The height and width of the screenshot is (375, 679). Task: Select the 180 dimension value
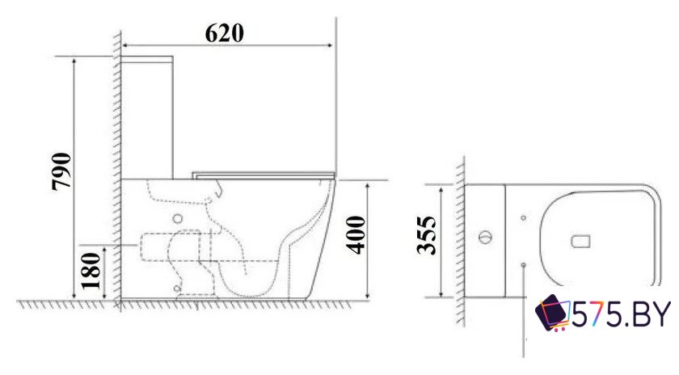click(91, 270)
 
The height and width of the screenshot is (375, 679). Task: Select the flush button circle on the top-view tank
click(486, 238)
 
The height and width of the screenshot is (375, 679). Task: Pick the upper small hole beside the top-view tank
click(524, 217)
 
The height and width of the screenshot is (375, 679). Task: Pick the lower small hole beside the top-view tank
click(524, 263)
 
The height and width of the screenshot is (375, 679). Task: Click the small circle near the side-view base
click(176, 287)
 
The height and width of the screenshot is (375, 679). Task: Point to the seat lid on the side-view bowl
click(264, 174)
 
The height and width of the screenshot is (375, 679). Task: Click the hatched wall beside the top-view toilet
click(459, 242)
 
